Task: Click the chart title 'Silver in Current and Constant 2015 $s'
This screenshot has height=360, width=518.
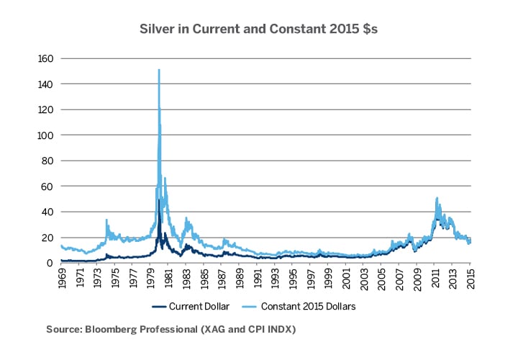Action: [259, 30]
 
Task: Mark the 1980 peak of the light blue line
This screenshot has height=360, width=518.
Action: [158, 70]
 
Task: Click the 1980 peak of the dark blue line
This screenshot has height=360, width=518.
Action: [159, 201]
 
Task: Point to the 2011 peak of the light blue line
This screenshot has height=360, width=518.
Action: [437, 198]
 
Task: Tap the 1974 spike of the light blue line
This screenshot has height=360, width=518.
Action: [106, 220]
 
